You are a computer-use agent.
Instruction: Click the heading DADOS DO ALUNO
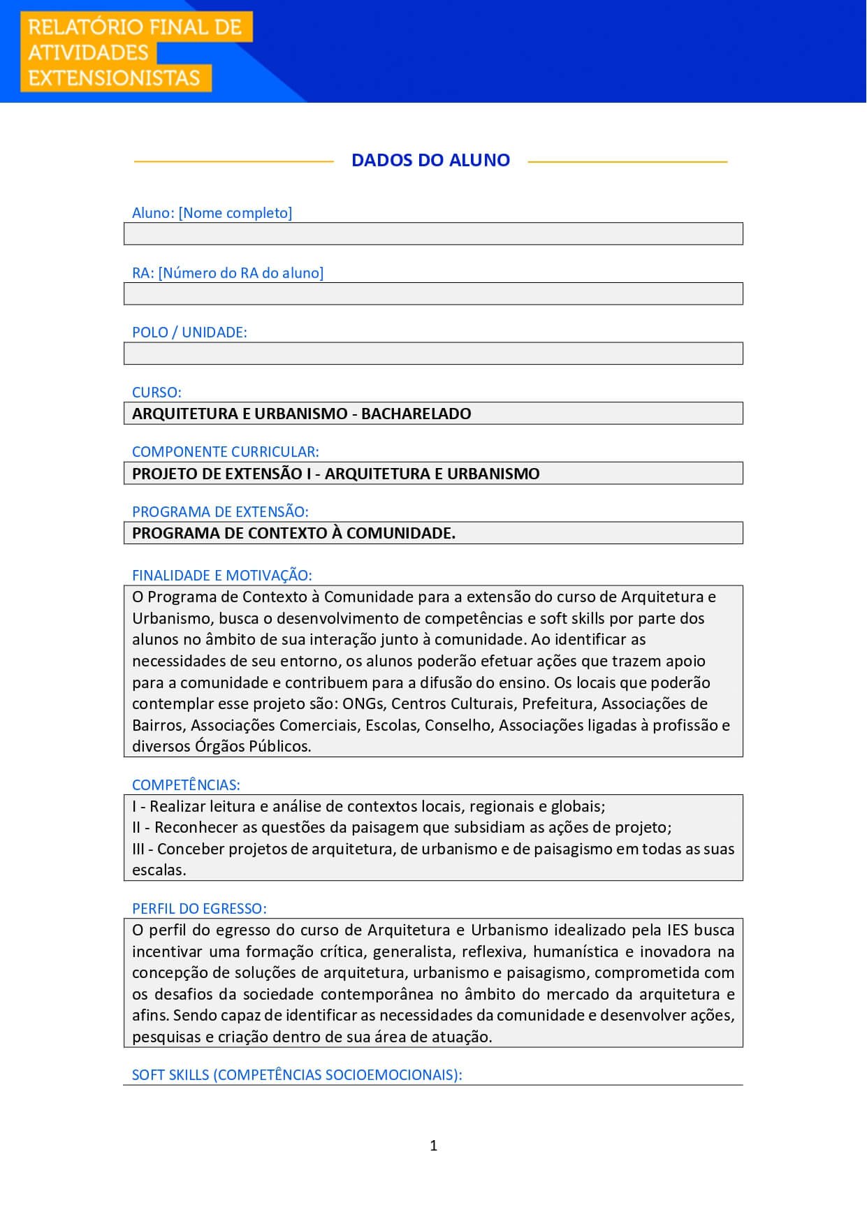pyautogui.click(x=430, y=160)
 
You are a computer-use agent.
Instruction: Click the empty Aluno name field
pyautogui.click(x=433, y=234)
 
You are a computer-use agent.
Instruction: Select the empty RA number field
pyautogui.click(x=433, y=294)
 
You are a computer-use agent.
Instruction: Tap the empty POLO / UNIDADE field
pyautogui.click(x=433, y=353)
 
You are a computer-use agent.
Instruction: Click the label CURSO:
pyautogui.click(x=156, y=393)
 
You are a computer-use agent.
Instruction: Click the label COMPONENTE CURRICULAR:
pyautogui.click(x=225, y=452)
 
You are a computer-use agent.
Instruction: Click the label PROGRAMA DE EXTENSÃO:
pyautogui.click(x=220, y=512)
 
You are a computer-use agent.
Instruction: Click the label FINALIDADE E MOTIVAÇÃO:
pyautogui.click(x=221, y=576)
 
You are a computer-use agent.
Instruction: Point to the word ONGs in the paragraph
pyautogui.click(x=363, y=703)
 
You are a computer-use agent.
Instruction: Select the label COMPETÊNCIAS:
pyautogui.click(x=186, y=785)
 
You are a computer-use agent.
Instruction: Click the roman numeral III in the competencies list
pyautogui.click(x=138, y=849)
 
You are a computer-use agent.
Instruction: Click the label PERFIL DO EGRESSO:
pyautogui.click(x=199, y=909)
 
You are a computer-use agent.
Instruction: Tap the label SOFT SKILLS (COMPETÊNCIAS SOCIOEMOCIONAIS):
pyautogui.click(x=297, y=1075)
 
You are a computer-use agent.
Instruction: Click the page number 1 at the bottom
pyautogui.click(x=434, y=1146)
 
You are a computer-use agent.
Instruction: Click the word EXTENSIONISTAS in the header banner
pyautogui.click(x=115, y=78)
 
